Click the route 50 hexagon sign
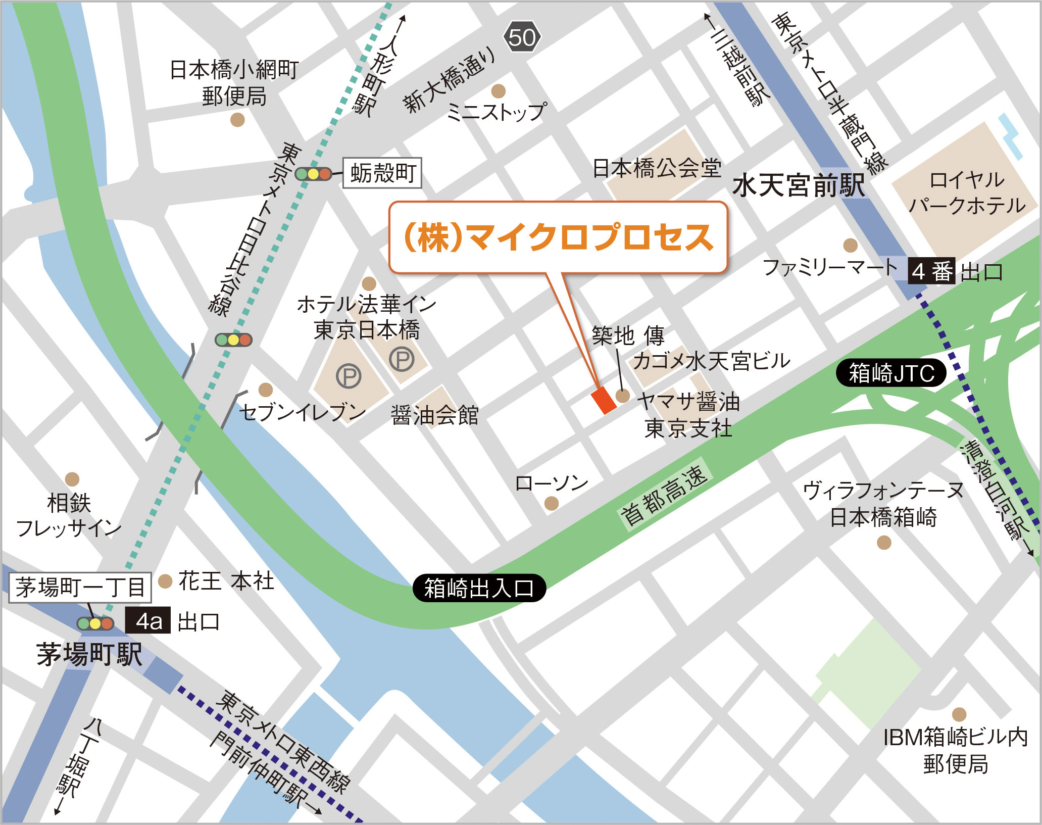click(522, 37)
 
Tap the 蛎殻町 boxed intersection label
click(382, 173)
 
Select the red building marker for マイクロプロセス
click(604, 400)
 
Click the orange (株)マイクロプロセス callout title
click(558, 237)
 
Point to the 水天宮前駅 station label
click(798, 185)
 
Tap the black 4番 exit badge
click(931, 272)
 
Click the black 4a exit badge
click(148, 621)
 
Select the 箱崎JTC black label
click(891, 373)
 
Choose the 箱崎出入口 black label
click(479, 588)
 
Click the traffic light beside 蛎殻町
click(313, 174)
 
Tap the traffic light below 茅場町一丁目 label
click(95, 623)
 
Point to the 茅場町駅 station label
click(89, 654)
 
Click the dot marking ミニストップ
click(498, 91)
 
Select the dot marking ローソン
click(551, 503)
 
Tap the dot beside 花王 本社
click(165, 581)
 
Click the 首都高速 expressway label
click(665, 496)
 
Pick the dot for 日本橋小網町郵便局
click(237, 120)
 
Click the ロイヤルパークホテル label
click(966, 192)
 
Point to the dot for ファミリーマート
click(851, 246)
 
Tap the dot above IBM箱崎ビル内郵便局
click(959, 714)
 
